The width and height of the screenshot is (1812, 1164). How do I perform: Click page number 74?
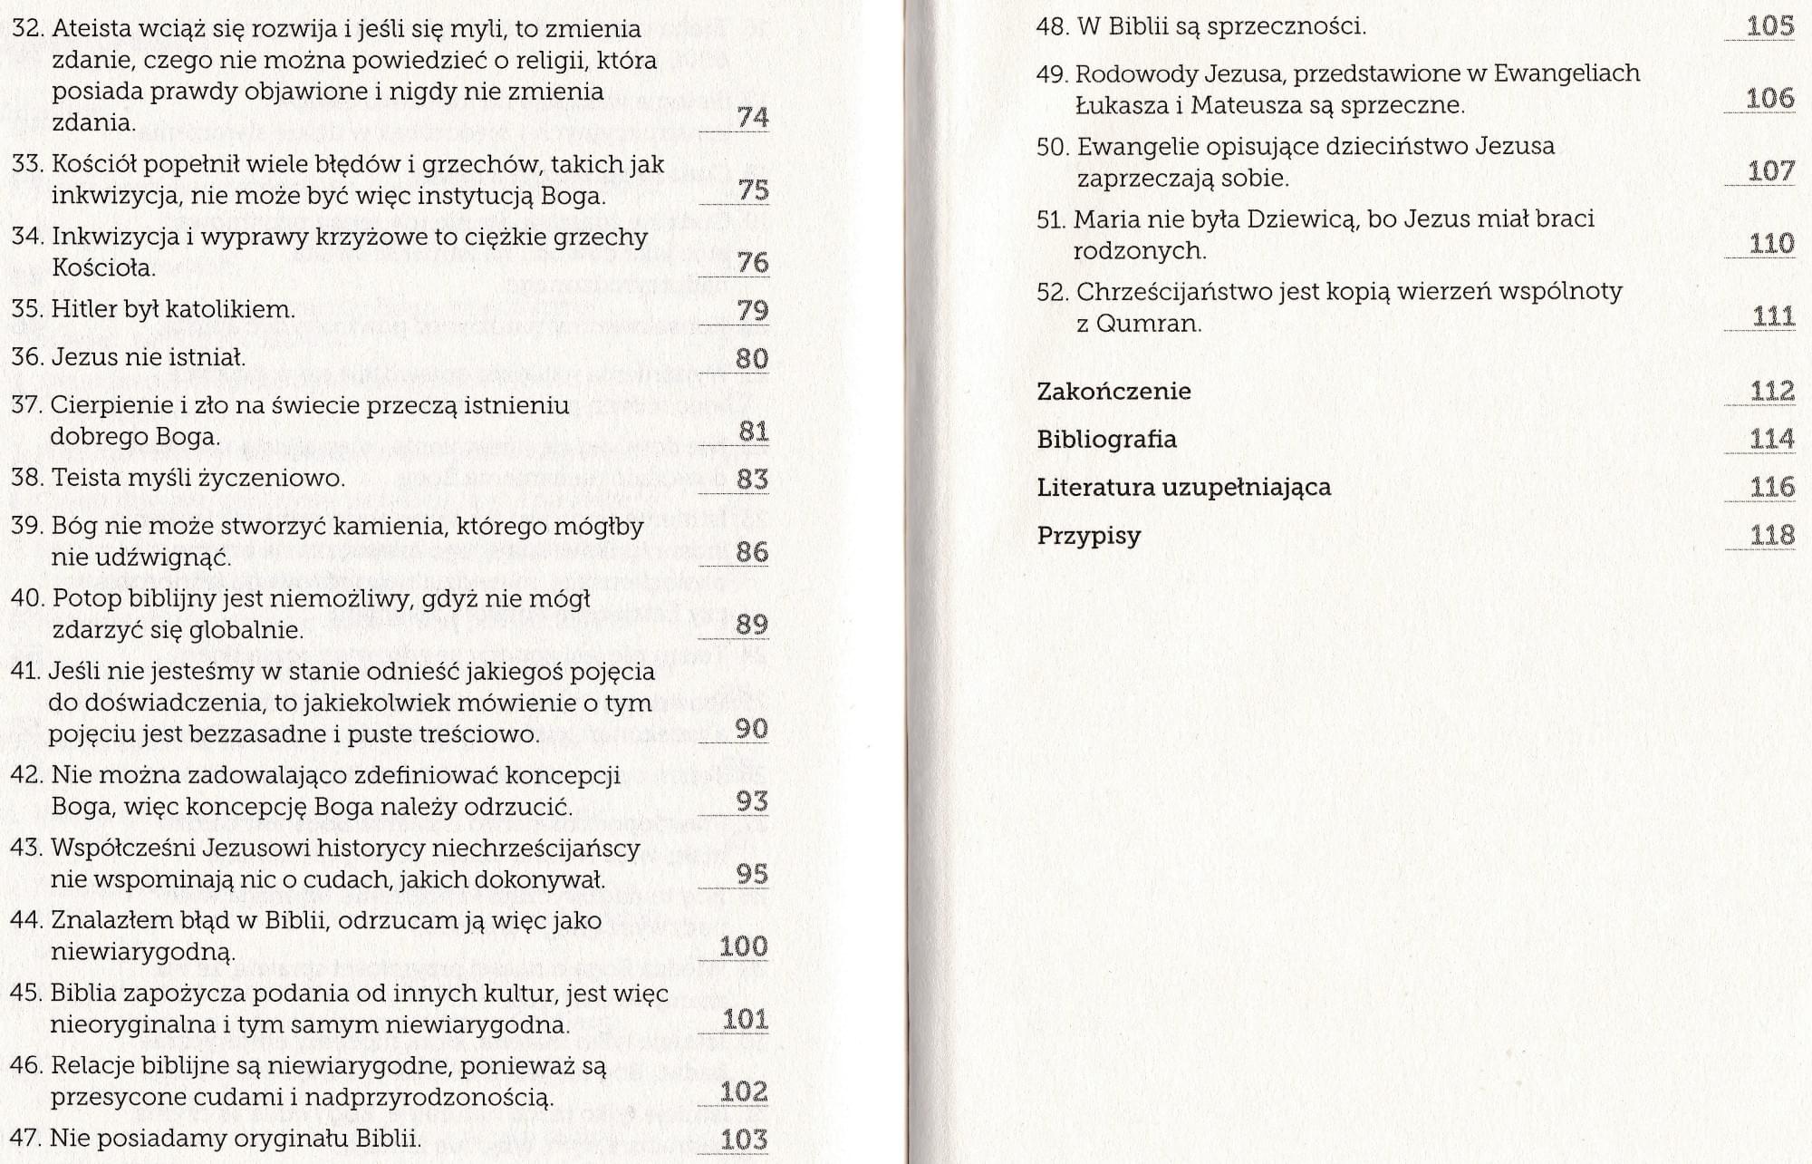(x=753, y=118)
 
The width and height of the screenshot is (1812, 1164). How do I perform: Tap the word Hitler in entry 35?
(x=83, y=309)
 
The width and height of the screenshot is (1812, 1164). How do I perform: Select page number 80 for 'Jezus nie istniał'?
(x=752, y=359)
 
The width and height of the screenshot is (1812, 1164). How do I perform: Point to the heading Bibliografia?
(x=1106, y=440)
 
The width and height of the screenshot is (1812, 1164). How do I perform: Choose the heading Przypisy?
(x=1088, y=536)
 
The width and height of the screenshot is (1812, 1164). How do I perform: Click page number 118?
(x=1772, y=536)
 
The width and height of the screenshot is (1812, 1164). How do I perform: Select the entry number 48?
(x=1052, y=26)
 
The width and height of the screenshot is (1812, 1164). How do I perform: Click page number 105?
(x=1770, y=26)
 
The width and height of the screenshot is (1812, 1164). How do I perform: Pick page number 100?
(x=743, y=946)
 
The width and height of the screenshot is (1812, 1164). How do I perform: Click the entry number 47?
(x=25, y=1138)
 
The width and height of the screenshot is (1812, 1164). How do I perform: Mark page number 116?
(x=1772, y=488)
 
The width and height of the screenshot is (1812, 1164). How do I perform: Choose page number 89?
(x=752, y=625)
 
